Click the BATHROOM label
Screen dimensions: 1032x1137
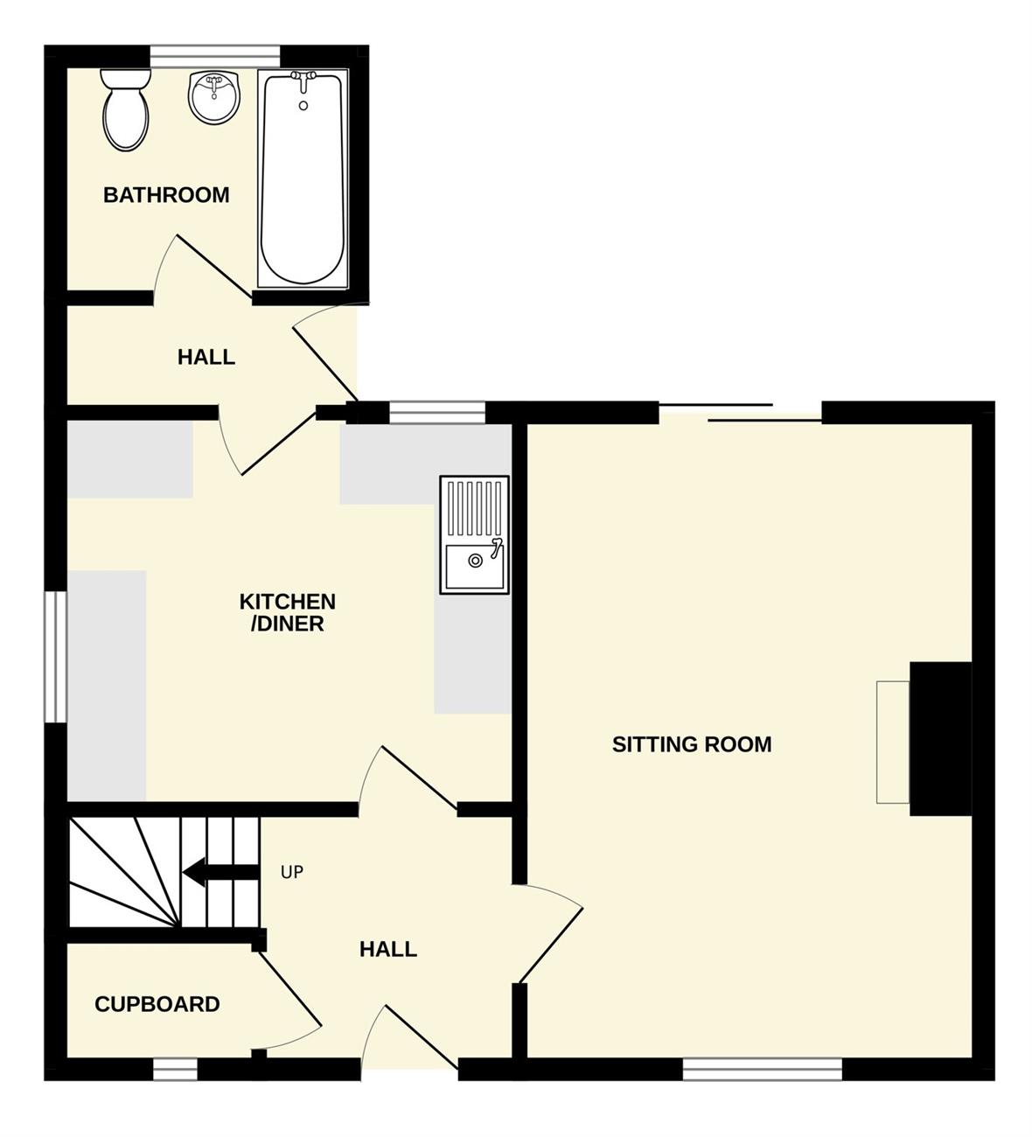166,195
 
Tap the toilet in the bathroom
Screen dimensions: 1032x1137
126,109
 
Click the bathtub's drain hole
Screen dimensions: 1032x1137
303,106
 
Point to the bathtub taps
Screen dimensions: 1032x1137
303,80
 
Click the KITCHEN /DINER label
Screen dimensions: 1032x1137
288,612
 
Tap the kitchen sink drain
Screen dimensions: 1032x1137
475,561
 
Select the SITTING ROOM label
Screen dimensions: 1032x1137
692,744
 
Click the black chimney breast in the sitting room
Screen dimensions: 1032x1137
941,738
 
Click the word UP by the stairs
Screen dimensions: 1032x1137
292,872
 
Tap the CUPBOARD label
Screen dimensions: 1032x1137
157,1004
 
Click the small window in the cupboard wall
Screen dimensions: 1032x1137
175,1070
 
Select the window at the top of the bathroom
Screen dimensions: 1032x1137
215,57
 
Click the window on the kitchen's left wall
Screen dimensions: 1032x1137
56,657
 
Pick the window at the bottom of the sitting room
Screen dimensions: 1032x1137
762,1071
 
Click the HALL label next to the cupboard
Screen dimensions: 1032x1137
388,949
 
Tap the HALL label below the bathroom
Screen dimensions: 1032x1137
206,357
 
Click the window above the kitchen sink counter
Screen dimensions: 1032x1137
437,412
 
